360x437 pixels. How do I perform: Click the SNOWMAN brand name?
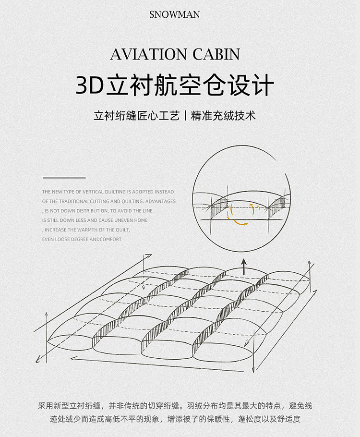pyautogui.click(x=174, y=14)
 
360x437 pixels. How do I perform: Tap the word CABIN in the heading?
pyautogui.click(x=216, y=54)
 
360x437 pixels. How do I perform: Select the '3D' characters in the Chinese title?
pyautogui.click(x=89, y=86)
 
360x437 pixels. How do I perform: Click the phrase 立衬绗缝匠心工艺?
pyautogui.click(x=137, y=116)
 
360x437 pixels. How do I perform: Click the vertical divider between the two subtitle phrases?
pyautogui.click(x=185, y=116)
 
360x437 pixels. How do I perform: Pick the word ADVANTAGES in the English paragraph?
pyautogui.click(x=160, y=201)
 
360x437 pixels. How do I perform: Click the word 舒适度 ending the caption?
pyautogui.click(x=288, y=419)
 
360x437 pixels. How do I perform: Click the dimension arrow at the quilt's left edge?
pyautogui.click(x=47, y=331)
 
